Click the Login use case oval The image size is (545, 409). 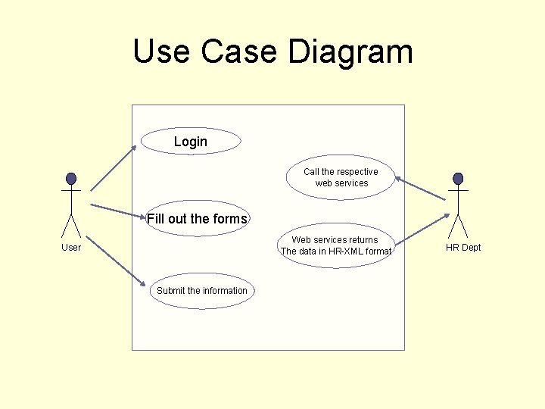(191, 141)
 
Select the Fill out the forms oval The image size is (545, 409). (198, 219)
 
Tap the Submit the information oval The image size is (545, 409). (202, 291)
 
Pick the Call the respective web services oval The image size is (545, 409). (341, 177)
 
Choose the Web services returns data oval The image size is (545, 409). (336, 245)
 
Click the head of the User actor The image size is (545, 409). (71, 179)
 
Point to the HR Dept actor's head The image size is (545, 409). (457, 179)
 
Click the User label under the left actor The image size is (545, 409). (71, 248)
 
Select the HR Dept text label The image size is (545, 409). (463, 248)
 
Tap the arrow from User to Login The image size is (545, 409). (114, 167)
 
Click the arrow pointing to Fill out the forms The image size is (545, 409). (118, 211)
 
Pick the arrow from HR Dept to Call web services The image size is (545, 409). (421, 189)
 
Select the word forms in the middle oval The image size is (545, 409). (230, 219)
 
